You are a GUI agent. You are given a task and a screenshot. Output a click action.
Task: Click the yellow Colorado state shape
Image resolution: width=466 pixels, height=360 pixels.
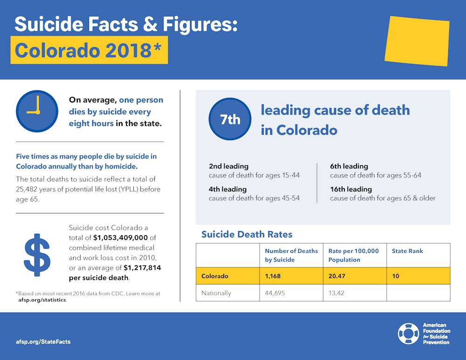point(417,41)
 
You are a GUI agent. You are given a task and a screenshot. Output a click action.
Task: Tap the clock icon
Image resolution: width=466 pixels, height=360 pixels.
point(37,112)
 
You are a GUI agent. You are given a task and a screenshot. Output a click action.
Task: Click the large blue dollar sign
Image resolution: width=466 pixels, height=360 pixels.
point(37,254)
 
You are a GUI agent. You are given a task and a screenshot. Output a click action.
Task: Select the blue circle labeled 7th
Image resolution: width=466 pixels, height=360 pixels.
point(230,119)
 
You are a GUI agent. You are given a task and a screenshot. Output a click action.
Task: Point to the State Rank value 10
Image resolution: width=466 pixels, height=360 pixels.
point(396,276)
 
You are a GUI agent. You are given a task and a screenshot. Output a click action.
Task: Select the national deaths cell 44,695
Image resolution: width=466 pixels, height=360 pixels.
point(275,293)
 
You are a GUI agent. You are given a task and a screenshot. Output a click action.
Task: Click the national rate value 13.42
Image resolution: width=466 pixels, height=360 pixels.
point(337,293)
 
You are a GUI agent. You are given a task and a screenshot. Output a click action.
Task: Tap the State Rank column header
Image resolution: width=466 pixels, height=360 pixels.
point(408,251)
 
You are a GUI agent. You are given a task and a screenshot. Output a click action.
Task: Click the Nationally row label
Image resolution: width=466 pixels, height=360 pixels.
point(216,293)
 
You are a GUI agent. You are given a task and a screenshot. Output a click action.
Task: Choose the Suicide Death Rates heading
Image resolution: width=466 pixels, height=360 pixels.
point(247,234)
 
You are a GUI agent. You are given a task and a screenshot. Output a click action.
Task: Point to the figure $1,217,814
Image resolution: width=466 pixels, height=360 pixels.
point(142,268)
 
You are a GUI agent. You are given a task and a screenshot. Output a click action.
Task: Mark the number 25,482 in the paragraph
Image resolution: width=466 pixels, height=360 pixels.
point(29,190)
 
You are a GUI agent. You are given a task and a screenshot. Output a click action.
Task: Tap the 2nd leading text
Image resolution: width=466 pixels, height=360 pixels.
point(228,166)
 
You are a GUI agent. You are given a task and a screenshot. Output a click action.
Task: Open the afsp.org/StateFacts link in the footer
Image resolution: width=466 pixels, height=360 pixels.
point(42,342)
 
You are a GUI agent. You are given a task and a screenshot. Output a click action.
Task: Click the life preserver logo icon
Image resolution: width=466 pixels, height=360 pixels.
point(408,334)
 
